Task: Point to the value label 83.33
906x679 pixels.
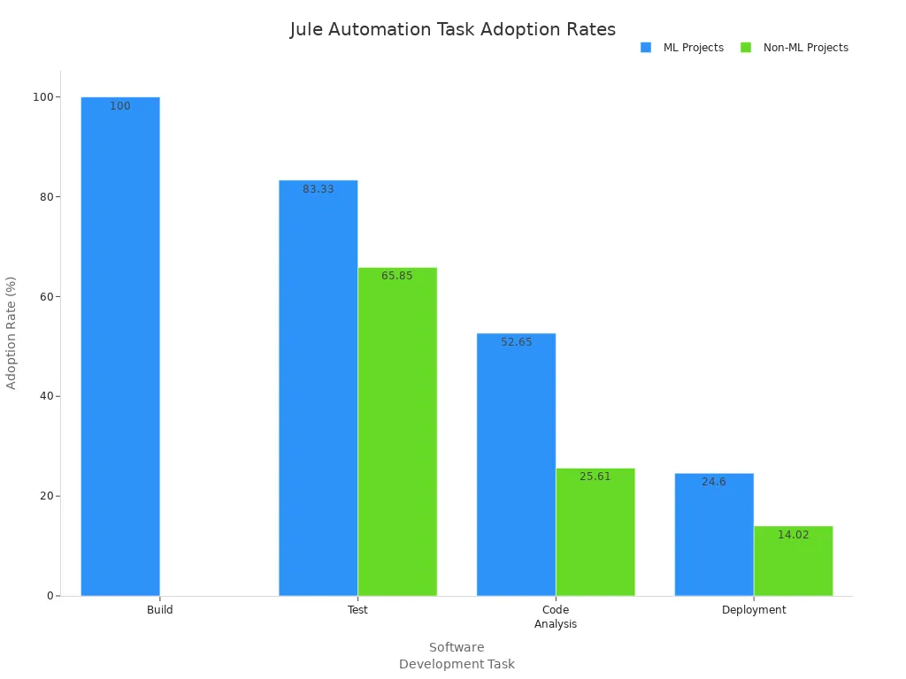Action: point(319,189)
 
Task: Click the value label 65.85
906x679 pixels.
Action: point(397,276)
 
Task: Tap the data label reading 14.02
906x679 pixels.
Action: point(793,535)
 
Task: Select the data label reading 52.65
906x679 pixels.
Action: point(516,342)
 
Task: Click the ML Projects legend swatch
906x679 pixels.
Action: point(646,48)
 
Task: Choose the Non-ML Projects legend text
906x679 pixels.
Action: point(805,48)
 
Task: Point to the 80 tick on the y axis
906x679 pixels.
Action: point(42,197)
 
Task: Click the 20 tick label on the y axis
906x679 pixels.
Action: point(42,496)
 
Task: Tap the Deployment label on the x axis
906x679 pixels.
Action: point(754,610)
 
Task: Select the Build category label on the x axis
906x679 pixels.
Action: point(160,610)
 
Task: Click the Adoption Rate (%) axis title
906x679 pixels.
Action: point(12,332)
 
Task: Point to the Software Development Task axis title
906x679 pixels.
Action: point(457,655)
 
